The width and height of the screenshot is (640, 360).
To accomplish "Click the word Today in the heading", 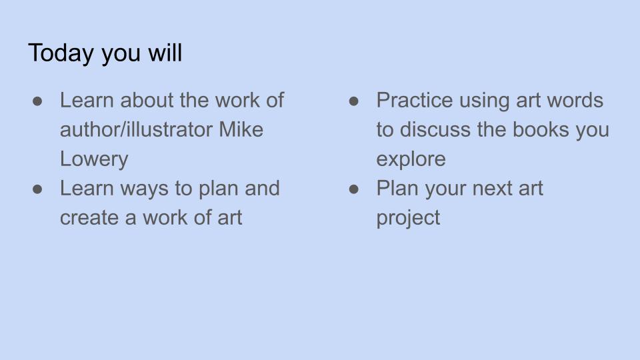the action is coord(61,53).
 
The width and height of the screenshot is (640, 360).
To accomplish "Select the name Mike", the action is coord(241,129).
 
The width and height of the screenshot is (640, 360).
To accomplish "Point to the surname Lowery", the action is coord(94,159).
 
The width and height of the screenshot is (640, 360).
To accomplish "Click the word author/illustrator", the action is coord(136,129).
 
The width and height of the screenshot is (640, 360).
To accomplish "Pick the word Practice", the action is coord(414,100).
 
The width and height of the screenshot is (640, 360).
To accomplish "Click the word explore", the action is coord(411,159).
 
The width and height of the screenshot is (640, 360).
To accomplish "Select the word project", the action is coord(408,218).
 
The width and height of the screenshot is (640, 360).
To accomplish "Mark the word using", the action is coord(485,101).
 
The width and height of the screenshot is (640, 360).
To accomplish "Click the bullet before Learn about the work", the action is coord(37,101).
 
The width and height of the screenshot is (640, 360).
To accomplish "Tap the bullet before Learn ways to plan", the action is coord(37,189).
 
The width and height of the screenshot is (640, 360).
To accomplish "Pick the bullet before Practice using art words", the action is coord(354,101).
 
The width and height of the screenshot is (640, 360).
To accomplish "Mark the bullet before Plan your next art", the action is coord(354,189).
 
